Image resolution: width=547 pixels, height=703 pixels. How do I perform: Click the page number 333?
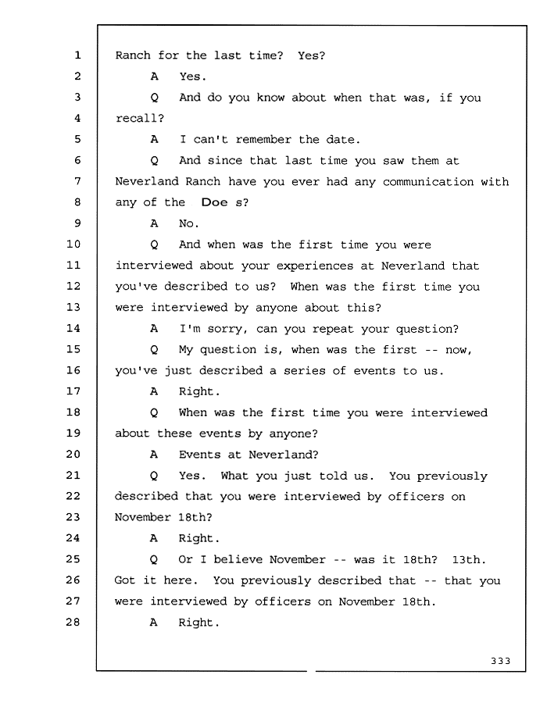(x=500, y=661)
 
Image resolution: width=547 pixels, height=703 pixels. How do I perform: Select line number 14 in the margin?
(x=73, y=328)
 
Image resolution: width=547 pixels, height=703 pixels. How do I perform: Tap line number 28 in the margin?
(x=73, y=622)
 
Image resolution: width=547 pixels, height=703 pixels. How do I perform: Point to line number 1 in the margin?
(x=77, y=55)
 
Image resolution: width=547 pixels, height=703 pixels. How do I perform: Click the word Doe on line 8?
(x=215, y=202)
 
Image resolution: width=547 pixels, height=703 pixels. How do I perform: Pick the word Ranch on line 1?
(x=133, y=55)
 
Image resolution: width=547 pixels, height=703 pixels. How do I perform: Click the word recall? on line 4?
(x=140, y=119)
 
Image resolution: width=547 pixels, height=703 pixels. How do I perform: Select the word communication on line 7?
(x=428, y=181)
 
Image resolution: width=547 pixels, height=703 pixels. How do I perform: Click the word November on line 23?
(x=142, y=517)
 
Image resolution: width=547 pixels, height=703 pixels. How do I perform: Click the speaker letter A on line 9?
(x=154, y=223)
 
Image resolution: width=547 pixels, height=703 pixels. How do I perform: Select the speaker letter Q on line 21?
(x=154, y=476)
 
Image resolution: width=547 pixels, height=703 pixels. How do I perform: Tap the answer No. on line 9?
(x=189, y=223)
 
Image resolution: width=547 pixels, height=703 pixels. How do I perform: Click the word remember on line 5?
(x=263, y=140)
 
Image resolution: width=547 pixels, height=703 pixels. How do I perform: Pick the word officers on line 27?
(x=283, y=601)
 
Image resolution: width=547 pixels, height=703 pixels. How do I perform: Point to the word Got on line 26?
(x=125, y=580)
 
